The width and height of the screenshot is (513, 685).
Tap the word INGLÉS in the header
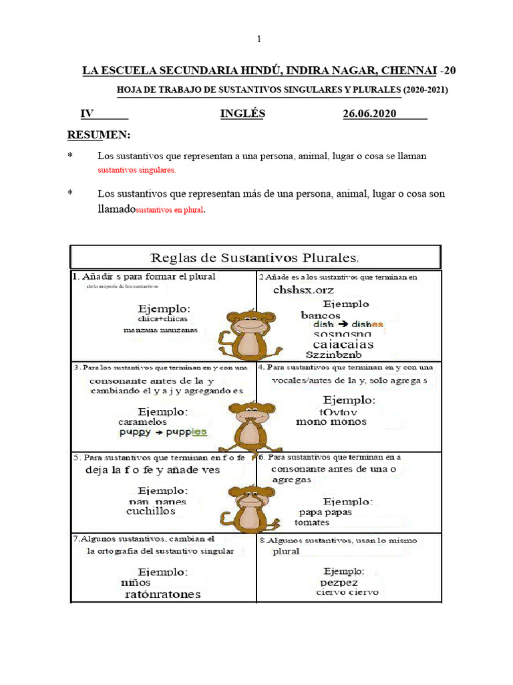(242, 114)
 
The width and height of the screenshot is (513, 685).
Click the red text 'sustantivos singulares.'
(137, 171)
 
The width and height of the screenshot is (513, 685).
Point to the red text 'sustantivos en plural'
(170, 210)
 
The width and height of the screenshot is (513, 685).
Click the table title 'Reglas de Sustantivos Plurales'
(256, 257)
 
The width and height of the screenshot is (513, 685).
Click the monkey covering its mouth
(250, 425)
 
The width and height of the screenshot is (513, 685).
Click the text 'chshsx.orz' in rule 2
(303, 290)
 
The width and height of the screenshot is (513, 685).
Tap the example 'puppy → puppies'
(163, 433)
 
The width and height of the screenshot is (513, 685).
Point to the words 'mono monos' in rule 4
(331, 422)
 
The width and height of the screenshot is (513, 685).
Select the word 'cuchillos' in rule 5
(150, 511)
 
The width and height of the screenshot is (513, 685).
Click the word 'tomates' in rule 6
(311, 522)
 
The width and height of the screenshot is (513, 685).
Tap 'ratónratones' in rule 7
(162, 594)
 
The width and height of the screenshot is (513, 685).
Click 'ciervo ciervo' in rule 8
(347, 593)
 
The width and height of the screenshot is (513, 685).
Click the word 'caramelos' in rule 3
(142, 422)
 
